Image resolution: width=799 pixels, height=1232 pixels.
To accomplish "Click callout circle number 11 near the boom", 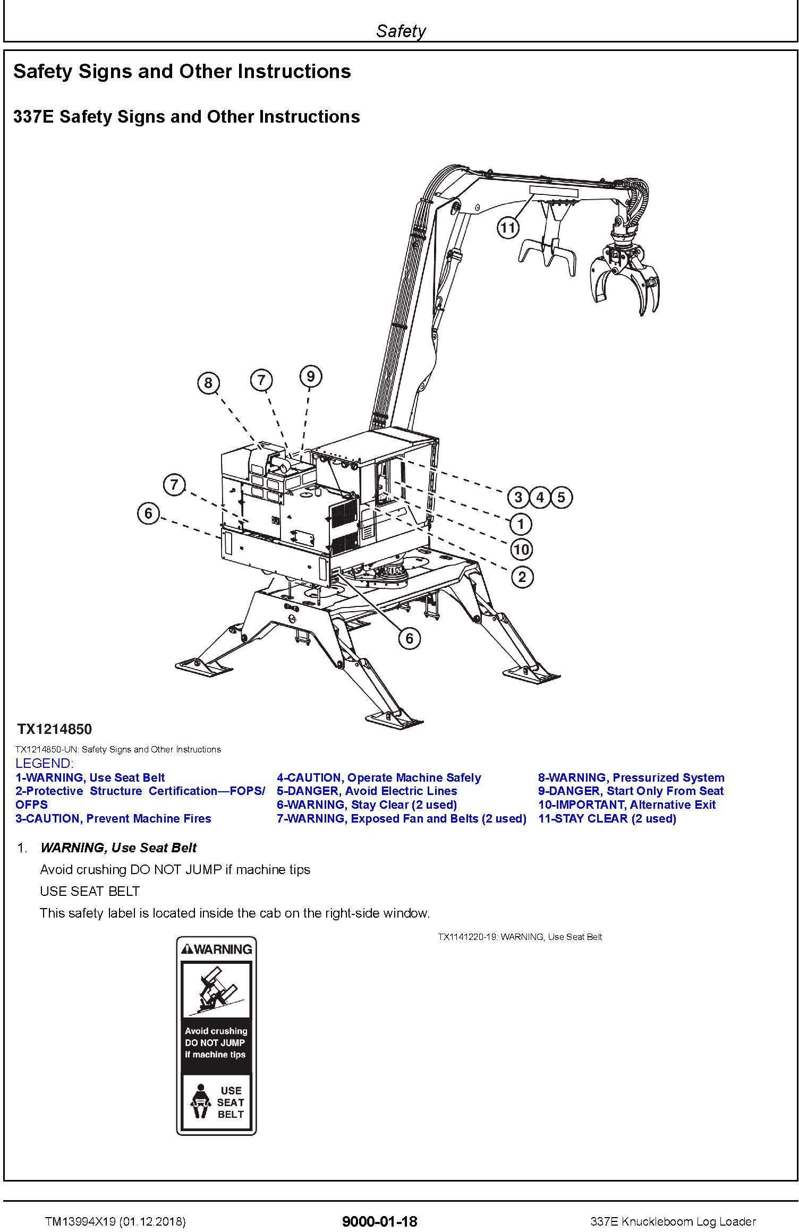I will [x=508, y=228].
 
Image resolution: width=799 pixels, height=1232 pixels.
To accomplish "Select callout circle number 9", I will [x=311, y=376].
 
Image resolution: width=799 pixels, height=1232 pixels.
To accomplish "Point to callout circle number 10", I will [x=521, y=549].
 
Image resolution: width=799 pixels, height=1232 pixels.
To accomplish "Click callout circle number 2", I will [x=522, y=577].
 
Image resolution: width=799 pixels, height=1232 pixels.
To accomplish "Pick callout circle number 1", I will [x=521, y=524].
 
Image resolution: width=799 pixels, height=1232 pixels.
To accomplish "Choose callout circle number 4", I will [x=540, y=498].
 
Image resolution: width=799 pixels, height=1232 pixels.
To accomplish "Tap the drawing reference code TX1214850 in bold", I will [x=54, y=729].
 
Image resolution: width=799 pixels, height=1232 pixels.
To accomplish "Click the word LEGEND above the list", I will [x=44, y=764].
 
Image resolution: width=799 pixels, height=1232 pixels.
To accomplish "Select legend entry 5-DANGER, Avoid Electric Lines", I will [x=367, y=791].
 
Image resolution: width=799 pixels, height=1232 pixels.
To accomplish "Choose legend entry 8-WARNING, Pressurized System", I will [x=631, y=777].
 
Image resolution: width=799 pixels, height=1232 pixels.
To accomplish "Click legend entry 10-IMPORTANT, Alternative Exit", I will [x=627, y=805].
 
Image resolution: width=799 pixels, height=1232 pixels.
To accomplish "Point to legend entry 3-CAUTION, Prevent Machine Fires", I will [x=113, y=818].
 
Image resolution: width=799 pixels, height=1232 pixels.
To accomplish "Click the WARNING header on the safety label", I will [x=216, y=949].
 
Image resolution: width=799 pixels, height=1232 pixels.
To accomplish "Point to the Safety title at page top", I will [x=401, y=31].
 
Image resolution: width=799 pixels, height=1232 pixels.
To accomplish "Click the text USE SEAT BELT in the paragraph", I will [x=90, y=891].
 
